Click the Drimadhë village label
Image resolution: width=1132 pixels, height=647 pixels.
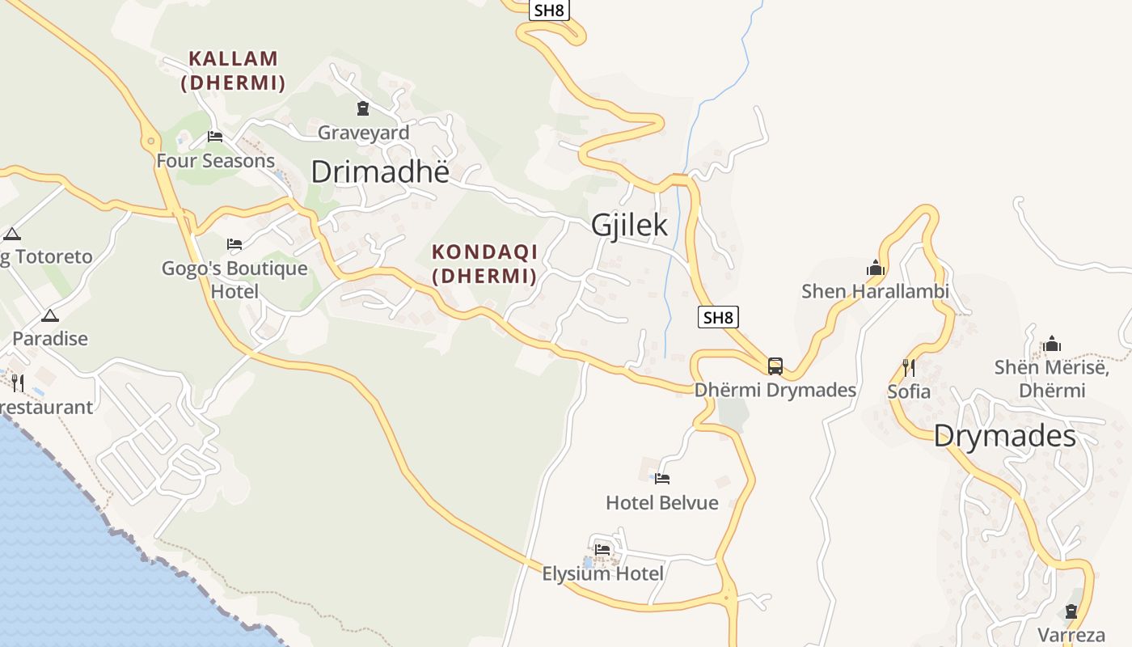(x=379, y=171)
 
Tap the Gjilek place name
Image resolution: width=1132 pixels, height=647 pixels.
(x=629, y=225)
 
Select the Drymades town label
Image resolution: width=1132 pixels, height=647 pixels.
(x=1004, y=437)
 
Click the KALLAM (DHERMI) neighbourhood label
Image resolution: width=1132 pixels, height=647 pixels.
(x=233, y=70)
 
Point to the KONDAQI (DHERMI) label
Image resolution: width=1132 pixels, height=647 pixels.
(x=484, y=264)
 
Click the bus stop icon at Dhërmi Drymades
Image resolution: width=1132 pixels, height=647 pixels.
(x=775, y=366)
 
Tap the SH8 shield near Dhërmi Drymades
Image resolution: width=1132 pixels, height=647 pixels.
(x=717, y=317)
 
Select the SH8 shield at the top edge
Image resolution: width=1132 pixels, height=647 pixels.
(x=549, y=10)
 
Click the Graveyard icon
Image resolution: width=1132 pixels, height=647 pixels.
(x=363, y=108)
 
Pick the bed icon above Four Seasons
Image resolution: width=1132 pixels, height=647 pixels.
(x=215, y=137)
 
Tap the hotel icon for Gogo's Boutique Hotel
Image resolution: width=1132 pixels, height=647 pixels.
(x=234, y=243)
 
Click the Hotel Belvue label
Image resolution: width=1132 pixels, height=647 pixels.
(x=661, y=503)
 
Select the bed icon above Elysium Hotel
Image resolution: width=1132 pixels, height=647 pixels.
(x=602, y=550)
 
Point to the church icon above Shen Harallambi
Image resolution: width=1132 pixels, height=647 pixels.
(x=875, y=268)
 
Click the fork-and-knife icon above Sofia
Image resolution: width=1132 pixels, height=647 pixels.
(x=909, y=368)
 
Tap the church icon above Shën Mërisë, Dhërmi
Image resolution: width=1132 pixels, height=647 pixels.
(x=1051, y=345)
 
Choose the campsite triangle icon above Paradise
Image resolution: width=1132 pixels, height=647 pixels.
(x=50, y=315)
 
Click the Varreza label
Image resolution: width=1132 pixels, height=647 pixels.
(x=1071, y=635)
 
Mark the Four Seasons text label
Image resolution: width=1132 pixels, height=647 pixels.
(x=215, y=161)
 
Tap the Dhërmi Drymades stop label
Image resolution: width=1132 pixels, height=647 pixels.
(x=775, y=390)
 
